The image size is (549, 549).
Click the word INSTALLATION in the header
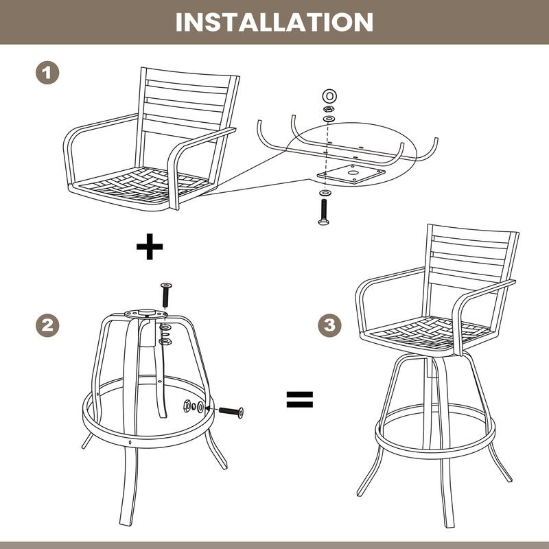[274, 21]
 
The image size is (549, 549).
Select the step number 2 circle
[46, 325]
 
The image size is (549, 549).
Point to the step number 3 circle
[331, 325]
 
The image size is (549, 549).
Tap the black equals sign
[299, 399]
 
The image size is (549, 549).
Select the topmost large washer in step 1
[328, 94]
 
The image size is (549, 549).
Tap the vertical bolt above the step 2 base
[165, 294]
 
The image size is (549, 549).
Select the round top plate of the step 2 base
[146, 314]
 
